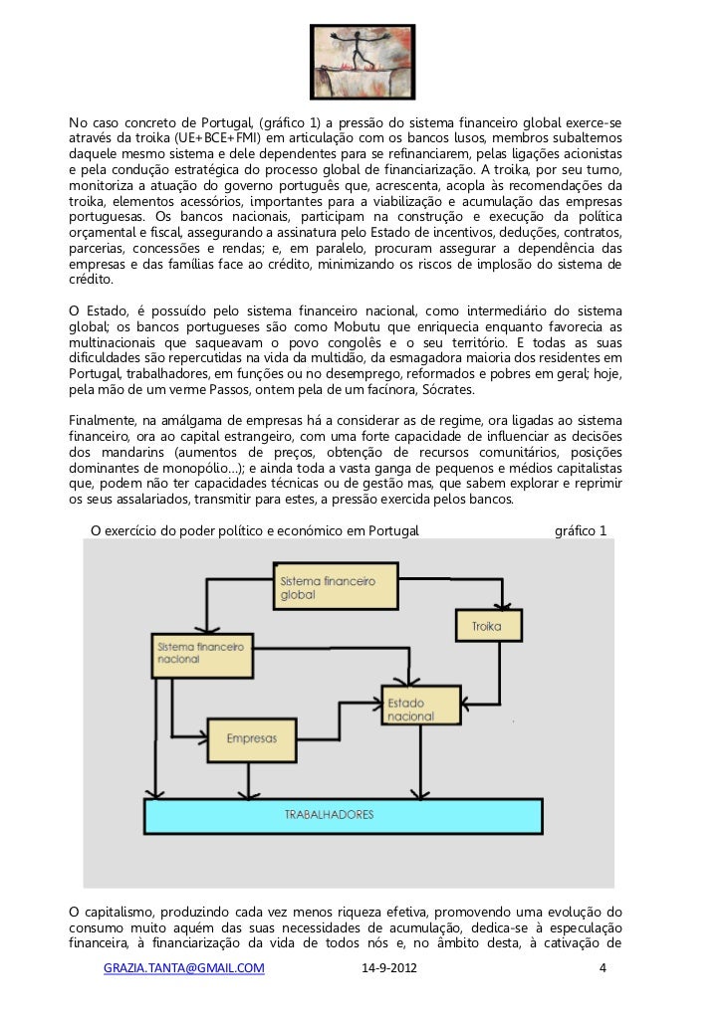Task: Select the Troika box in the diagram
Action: [x=488, y=626]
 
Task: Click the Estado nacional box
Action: [x=420, y=705]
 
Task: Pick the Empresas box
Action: [x=251, y=739]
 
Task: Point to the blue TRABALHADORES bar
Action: [x=344, y=815]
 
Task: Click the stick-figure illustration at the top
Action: [x=362, y=61]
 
